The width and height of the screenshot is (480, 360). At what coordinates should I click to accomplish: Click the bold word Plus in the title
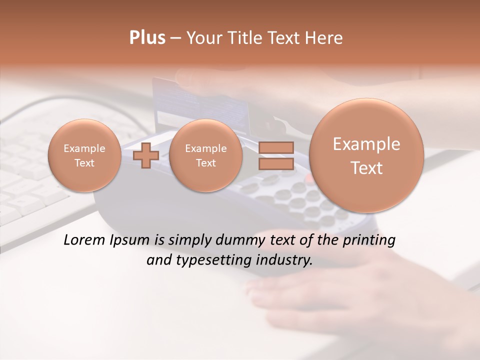point(147,38)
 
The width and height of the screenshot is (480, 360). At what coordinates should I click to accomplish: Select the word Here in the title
point(325,38)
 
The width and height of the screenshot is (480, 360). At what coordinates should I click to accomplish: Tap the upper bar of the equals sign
point(275,147)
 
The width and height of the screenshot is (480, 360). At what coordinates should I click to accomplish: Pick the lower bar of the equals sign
point(275,164)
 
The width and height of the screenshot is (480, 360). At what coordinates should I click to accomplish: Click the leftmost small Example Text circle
point(84,155)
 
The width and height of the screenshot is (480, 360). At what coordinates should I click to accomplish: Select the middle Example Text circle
point(205,155)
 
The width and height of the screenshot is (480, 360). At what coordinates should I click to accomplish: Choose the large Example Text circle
point(366,155)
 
